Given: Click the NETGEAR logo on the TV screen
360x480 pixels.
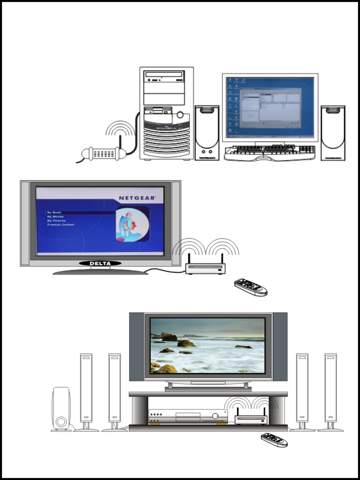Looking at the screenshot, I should (x=137, y=198).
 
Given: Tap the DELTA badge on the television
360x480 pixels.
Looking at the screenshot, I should (x=100, y=263).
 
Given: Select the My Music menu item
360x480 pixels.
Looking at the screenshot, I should (x=54, y=213).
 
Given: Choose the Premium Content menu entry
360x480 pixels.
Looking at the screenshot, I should (x=61, y=225).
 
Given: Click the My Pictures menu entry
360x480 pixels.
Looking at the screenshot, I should (x=56, y=221).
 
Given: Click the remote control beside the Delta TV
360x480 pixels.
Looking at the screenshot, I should (x=251, y=287).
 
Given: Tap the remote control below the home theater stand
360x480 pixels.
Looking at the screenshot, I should (x=274, y=440).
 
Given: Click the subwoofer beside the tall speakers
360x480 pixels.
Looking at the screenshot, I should (x=61, y=409).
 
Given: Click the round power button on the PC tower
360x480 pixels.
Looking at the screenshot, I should (x=180, y=115).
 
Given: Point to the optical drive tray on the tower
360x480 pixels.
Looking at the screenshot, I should (x=164, y=75).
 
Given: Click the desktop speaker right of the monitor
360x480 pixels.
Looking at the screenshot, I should (x=333, y=133).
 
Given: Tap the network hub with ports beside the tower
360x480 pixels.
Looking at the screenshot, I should (x=104, y=154).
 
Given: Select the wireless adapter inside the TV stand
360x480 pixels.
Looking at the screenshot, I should (x=251, y=420).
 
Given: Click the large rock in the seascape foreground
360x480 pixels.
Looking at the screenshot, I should (x=167, y=368).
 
